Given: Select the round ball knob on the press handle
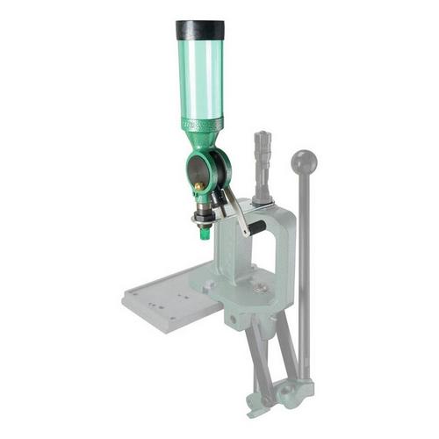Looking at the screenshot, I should (304, 162).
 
